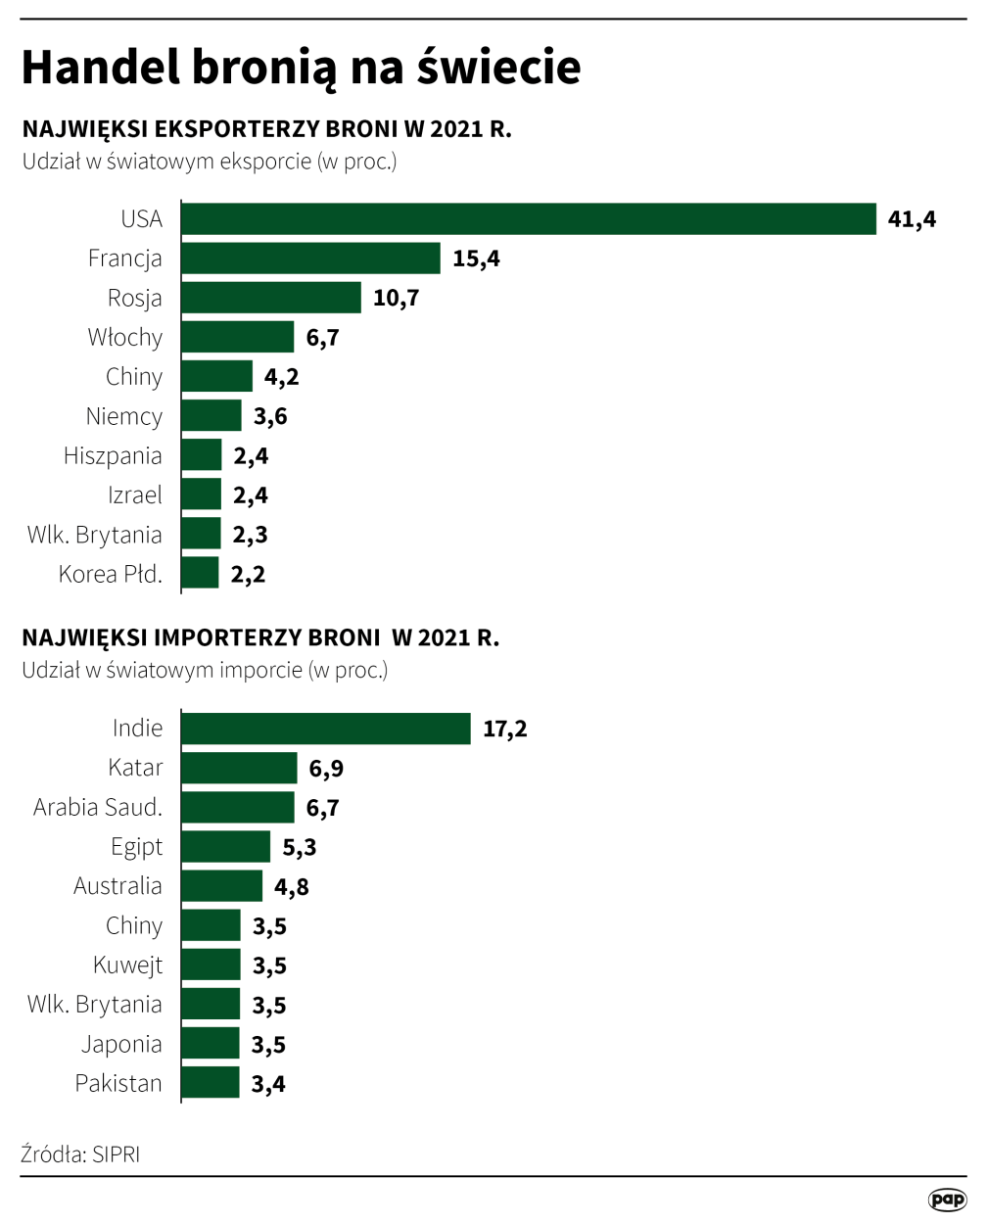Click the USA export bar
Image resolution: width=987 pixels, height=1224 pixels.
(x=529, y=219)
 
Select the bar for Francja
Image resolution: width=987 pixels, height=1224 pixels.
(x=311, y=259)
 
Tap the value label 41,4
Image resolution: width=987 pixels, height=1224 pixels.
(x=912, y=219)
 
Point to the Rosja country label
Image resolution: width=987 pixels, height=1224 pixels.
(x=135, y=299)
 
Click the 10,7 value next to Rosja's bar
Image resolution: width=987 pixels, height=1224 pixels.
(x=396, y=299)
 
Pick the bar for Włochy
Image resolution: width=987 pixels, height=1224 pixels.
(x=238, y=338)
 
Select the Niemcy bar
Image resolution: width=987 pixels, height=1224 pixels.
(x=211, y=416)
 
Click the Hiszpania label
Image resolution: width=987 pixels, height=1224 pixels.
(x=113, y=456)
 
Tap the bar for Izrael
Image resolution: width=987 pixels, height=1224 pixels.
(x=202, y=495)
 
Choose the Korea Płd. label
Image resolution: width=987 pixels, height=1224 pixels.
(x=111, y=575)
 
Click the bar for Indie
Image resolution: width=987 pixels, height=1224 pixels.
(x=326, y=729)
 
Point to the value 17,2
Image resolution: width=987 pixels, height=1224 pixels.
(x=505, y=730)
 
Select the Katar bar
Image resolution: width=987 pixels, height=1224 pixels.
(x=239, y=769)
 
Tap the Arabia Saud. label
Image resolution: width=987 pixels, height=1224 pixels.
(x=98, y=808)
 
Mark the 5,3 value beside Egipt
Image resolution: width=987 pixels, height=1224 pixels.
(x=300, y=848)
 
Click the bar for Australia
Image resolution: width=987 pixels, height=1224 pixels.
(x=222, y=886)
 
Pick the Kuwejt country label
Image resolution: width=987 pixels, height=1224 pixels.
(x=128, y=965)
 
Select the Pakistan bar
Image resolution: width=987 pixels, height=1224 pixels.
(x=211, y=1083)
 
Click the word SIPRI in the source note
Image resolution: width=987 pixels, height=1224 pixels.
(x=117, y=1154)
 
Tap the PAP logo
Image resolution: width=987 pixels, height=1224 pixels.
(x=947, y=1200)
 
